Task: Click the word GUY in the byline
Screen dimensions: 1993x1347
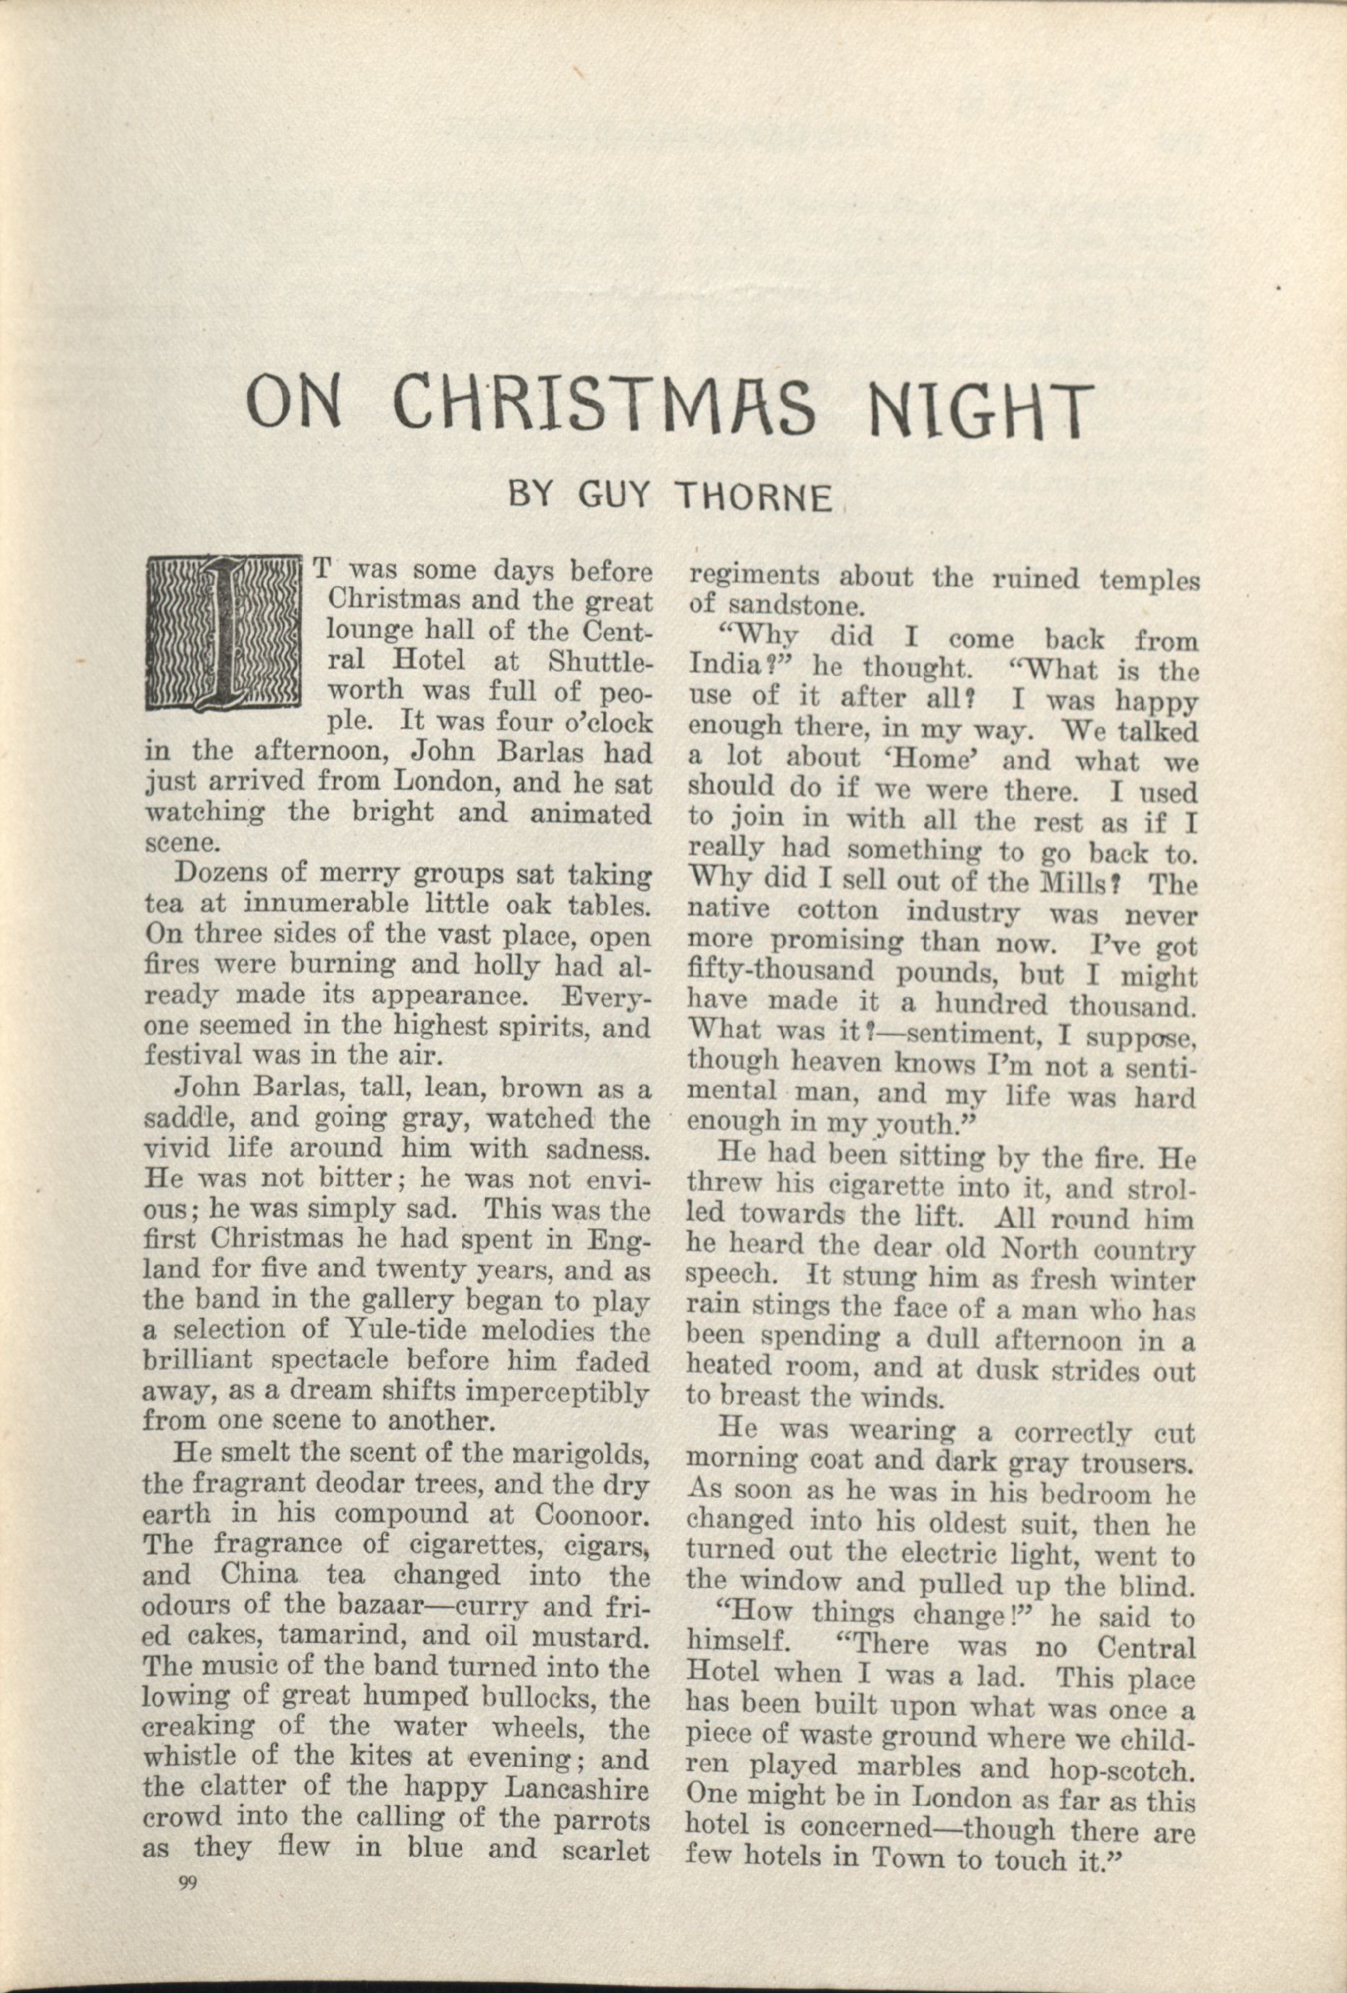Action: [616, 496]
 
